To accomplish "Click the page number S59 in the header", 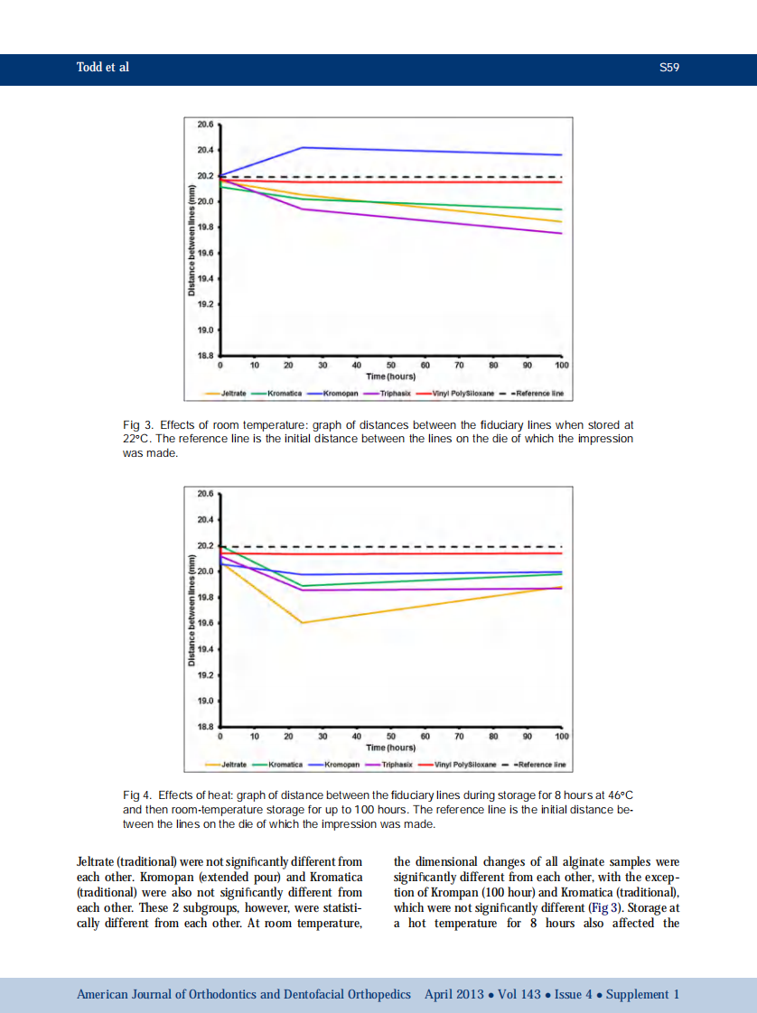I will click(x=668, y=68).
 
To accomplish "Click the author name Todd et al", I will click(x=103, y=68).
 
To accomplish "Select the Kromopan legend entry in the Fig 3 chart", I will click(x=335, y=394).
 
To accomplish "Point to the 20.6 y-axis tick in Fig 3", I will click(x=205, y=124).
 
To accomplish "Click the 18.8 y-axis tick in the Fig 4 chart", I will click(x=205, y=726).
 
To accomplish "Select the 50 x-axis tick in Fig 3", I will click(x=391, y=366).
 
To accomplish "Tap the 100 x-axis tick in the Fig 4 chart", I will click(x=562, y=737).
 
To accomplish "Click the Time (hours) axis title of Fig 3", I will click(x=391, y=376).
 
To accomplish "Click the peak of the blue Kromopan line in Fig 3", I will click(x=301, y=147).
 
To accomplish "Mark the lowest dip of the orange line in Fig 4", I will click(x=301, y=622).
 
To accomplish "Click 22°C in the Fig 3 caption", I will click(x=136, y=439).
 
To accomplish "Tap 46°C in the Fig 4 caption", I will click(x=616, y=795).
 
